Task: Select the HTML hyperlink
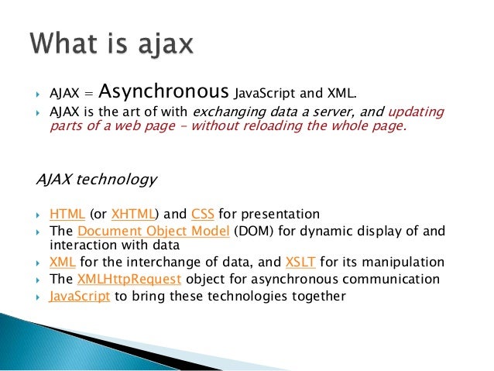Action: (x=66, y=214)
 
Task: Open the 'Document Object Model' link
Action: (x=154, y=231)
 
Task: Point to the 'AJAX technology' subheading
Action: (x=97, y=180)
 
